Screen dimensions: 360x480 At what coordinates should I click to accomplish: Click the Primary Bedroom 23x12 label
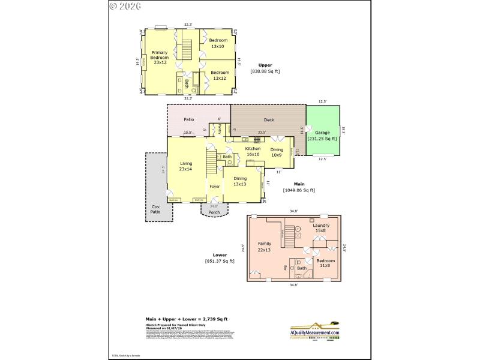pyautogui.click(x=160, y=57)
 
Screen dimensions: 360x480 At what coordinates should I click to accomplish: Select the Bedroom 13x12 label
pyautogui.click(x=220, y=76)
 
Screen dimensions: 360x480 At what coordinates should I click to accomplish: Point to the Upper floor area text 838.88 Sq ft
pyautogui.click(x=265, y=71)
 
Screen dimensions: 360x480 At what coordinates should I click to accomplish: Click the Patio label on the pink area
pyautogui.click(x=188, y=119)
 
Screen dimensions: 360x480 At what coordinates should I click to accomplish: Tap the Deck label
pyautogui.click(x=269, y=120)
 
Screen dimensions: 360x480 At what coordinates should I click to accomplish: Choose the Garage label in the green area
pyautogui.click(x=322, y=135)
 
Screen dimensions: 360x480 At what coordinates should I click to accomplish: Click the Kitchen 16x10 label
pyautogui.click(x=253, y=151)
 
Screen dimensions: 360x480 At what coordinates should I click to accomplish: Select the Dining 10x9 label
pyautogui.click(x=277, y=152)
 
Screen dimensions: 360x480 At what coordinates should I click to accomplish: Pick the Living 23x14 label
pyautogui.click(x=186, y=166)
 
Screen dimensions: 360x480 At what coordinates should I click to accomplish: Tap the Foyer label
pyautogui.click(x=214, y=187)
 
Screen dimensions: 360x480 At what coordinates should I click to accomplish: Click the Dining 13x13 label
pyautogui.click(x=240, y=181)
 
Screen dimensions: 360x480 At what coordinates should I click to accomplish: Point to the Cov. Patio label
pyautogui.click(x=155, y=209)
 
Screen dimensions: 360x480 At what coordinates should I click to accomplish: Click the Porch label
pyautogui.click(x=214, y=212)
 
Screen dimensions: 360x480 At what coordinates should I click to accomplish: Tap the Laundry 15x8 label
pyautogui.click(x=321, y=228)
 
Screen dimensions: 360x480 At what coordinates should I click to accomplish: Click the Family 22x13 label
pyautogui.click(x=265, y=246)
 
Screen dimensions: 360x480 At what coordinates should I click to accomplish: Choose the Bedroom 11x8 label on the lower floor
pyautogui.click(x=325, y=263)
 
